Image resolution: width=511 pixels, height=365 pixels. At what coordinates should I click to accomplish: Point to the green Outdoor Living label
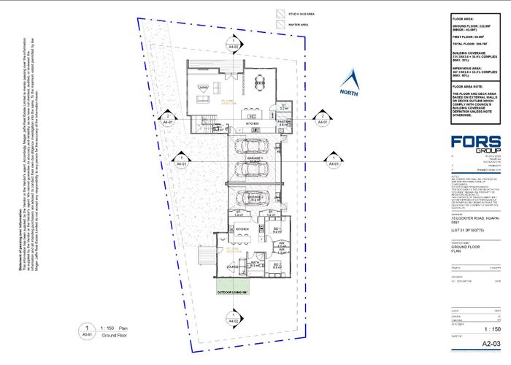coord(234,292)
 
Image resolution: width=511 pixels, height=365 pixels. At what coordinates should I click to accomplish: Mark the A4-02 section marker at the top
coord(234,43)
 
